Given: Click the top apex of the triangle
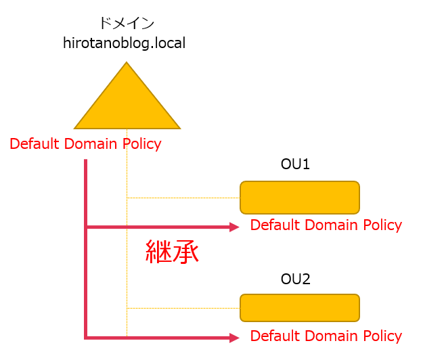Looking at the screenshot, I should point(127,64).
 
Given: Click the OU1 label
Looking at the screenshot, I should point(295,164).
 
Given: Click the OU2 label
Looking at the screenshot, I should point(295,278).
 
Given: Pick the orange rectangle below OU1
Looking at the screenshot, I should point(299,198).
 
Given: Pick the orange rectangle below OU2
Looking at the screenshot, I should point(299,308).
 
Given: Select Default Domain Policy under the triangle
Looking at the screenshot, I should point(85,144).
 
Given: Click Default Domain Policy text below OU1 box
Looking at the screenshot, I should point(326,225).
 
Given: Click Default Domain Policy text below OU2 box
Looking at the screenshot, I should point(326,336).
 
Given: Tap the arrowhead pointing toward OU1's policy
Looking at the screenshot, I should point(234,227).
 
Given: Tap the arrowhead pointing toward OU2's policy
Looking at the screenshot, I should point(234,337).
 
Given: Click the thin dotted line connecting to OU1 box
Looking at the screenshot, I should point(183,198).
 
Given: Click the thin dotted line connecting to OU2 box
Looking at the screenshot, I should point(183,308).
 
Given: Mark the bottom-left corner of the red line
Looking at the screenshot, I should point(86,336).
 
